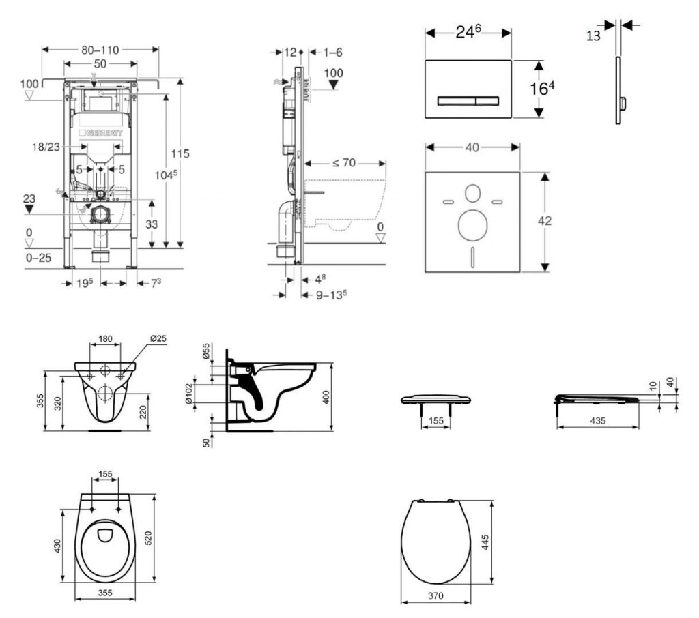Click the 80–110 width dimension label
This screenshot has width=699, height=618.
coord(101,49)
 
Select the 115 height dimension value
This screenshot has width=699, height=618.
coord(181,153)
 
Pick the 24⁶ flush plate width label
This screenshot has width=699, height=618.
coord(468,32)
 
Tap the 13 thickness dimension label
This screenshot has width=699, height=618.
coord(593,35)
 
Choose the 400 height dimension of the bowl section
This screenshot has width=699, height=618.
coord(326,397)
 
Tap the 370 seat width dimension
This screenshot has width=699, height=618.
coord(436,595)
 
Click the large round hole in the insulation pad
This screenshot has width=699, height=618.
coord(471,224)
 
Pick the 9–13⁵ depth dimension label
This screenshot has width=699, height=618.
coord(331,295)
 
